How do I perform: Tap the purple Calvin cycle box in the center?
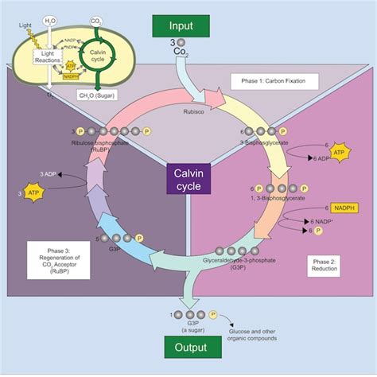tap(188, 179)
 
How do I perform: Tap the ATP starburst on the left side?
tap(33, 192)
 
